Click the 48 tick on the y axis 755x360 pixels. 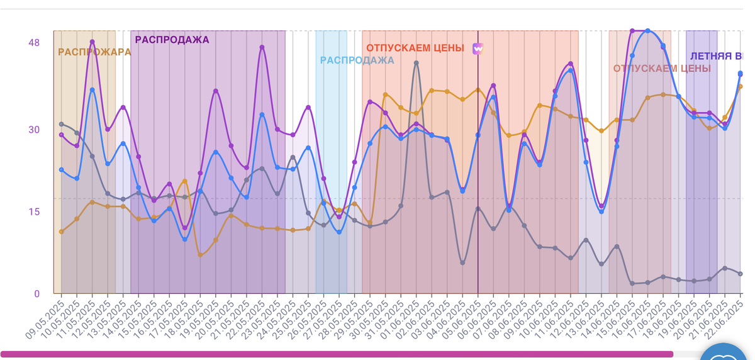tap(34, 43)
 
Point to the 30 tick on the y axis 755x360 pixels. tap(34, 130)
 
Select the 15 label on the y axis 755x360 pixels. tap(34, 211)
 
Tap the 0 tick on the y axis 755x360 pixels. tap(36, 293)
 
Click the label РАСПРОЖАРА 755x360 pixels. tap(94, 52)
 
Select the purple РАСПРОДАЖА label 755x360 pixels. tap(172, 40)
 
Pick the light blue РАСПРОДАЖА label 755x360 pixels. tap(357, 60)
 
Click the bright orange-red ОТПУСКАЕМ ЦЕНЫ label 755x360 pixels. tap(415, 48)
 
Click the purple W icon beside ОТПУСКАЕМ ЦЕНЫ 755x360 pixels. tap(478, 48)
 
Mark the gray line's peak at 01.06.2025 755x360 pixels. tap(416, 62)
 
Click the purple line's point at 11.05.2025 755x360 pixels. tap(92, 42)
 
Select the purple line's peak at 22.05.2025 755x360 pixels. tap(262, 47)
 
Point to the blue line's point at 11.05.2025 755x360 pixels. tap(92, 90)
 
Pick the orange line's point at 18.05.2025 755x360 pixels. tap(200, 255)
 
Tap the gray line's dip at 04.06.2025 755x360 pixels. tap(462, 262)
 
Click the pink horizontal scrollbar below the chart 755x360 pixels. tap(337, 354)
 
